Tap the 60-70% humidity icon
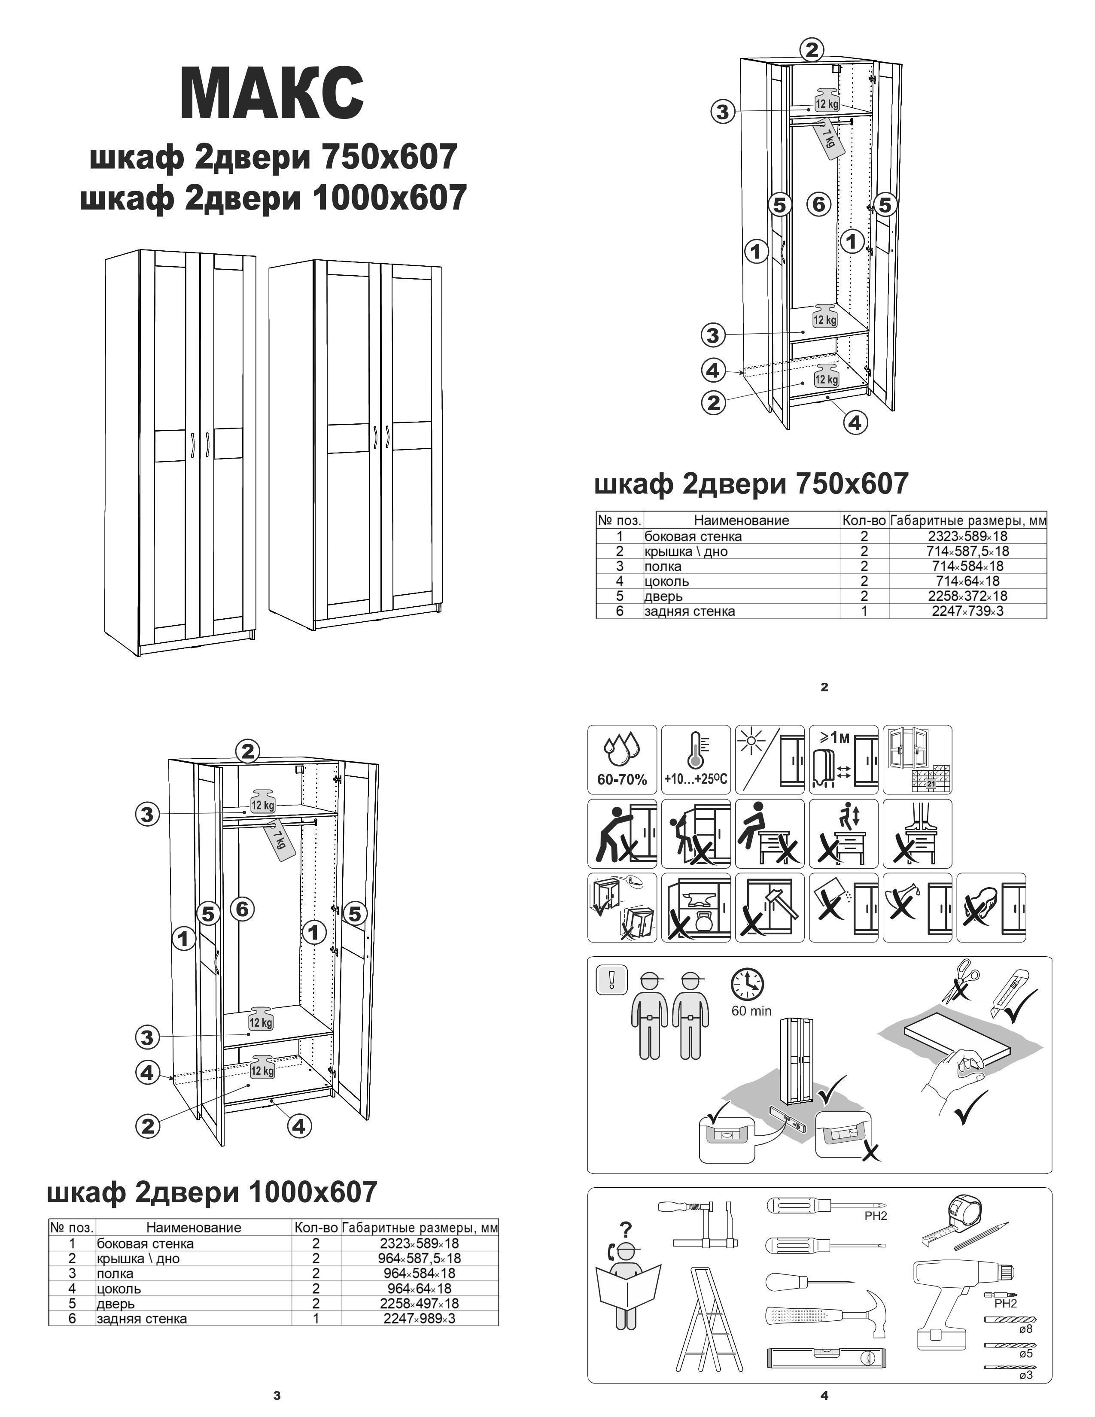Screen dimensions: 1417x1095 (621, 759)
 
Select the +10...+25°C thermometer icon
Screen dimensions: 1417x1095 (695, 759)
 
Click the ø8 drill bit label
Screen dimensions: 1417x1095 (1025, 1329)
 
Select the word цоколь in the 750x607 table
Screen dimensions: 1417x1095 (667, 581)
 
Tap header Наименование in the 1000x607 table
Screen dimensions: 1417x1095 (193, 1228)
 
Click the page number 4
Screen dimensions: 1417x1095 (824, 1396)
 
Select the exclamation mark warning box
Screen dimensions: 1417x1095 (611, 979)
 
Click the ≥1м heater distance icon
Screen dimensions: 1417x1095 (843, 759)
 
